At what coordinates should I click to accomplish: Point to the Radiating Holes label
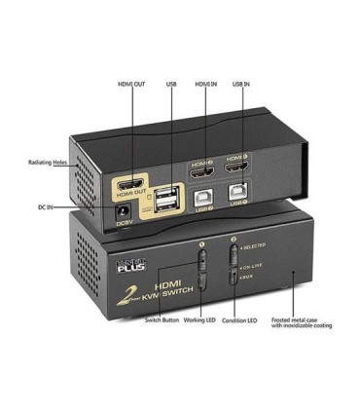click(50, 163)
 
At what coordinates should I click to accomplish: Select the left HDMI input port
click(201, 168)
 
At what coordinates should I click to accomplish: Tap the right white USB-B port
click(237, 194)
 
